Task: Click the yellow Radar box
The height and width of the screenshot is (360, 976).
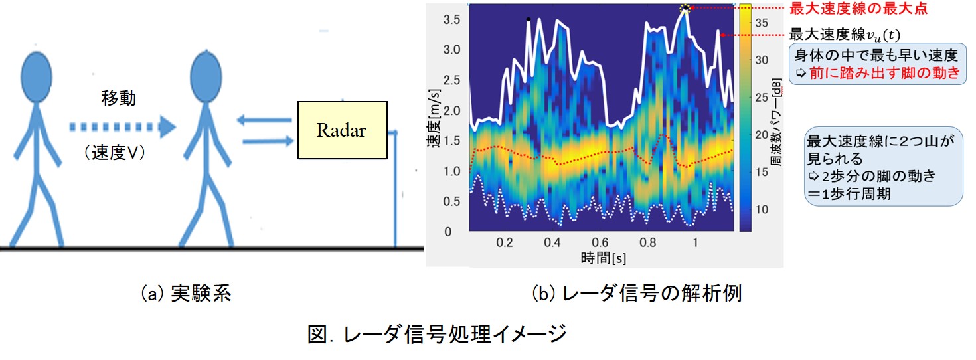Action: pos(343,130)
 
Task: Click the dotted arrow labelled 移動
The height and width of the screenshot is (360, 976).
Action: pos(123,127)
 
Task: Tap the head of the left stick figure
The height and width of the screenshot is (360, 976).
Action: pos(37,77)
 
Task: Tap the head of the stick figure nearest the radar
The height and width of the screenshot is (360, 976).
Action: pos(206,77)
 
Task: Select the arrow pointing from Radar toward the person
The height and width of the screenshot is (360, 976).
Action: pos(264,120)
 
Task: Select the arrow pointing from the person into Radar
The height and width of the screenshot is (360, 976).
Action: pos(268,141)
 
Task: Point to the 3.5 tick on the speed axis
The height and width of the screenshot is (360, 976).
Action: pos(452,20)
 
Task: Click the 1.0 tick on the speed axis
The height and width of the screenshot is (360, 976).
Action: pos(452,171)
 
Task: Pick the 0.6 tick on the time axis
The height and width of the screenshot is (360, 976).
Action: pos(600,242)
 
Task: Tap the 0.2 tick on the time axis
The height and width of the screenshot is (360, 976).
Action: pos(505,242)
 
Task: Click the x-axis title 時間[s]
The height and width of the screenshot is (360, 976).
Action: pos(604,258)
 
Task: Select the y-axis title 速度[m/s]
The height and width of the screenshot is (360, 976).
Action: pos(434,118)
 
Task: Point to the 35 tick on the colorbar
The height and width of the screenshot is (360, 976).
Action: pos(762,23)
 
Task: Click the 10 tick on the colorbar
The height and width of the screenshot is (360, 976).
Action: pos(762,210)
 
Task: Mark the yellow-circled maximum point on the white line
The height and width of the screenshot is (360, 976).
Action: pos(685,8)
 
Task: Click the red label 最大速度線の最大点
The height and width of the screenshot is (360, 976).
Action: pos(858,9)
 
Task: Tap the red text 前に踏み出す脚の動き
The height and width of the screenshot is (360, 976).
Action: pos(884,73)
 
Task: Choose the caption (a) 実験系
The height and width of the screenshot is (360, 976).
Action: pos(186,294)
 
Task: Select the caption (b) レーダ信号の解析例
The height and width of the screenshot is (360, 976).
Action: pos(637,294)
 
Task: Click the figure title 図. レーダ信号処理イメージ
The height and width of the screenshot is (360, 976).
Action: pos(437,334)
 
